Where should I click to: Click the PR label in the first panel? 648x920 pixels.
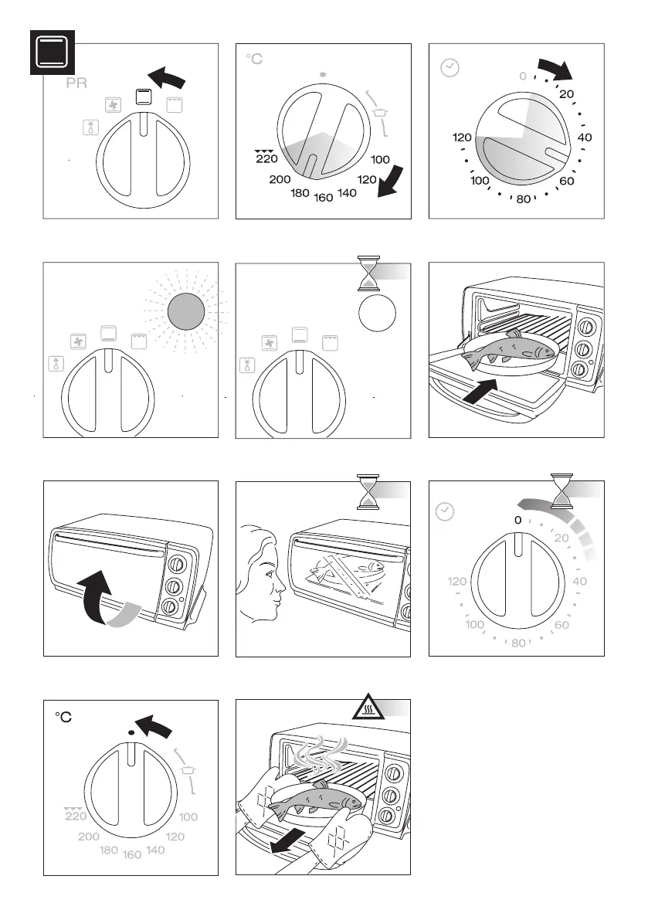point(76,84)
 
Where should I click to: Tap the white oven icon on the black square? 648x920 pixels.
point(52,52)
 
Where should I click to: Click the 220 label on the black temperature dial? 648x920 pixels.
point(265,158)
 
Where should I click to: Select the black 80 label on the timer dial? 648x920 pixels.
point(524,199)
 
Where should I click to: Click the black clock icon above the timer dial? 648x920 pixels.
point(449,68)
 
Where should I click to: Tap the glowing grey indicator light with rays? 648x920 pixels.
point(185,312)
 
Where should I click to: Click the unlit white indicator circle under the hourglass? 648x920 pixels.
point(377,314)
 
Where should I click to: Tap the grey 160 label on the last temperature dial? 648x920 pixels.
point(131,855)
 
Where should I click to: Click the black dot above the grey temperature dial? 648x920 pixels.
point(131,731)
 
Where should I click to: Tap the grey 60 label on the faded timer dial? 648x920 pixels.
point(562,624)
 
